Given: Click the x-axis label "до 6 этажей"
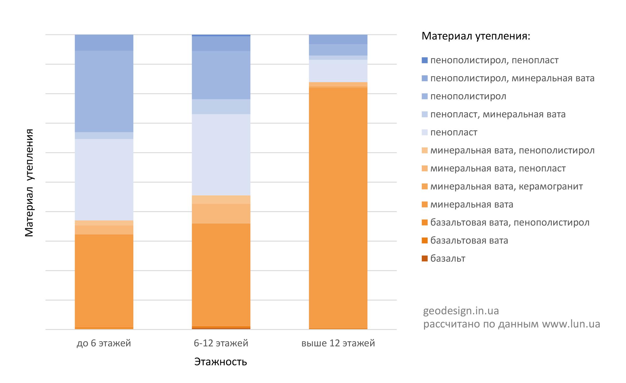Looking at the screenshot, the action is pyautogui.click(x=104, y=343).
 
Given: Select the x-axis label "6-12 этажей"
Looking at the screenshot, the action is pyautogui.click(x=221, y=343).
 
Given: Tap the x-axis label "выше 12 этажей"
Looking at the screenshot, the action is pyautogui.click(x=338, y=343).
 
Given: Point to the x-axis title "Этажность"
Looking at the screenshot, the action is pyautogui.click(x=221, y=362).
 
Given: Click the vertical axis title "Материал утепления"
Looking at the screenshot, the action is pyautogui.click(x=29, y=183).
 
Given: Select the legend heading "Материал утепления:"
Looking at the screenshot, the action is pyautogui.click(x=476, y=36).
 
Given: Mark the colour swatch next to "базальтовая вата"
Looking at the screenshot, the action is pyautogui.click(x=425, y=240).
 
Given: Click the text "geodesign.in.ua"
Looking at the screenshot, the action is pyautogui.click(x=461, y=311).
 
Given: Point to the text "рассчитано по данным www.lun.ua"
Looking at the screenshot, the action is pyautogui.click(x=512, y=324).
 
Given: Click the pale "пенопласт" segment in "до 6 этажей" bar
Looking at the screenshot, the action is pyautogui.click(x=104, y=180).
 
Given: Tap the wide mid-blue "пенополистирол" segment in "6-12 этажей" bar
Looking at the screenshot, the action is pyautogui.click(x=221, y=75).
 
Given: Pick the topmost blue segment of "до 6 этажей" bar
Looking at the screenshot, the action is pyautogui.click(x=104, y=43).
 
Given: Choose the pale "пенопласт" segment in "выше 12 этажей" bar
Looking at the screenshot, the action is pyautogui.click(x=338, y=71).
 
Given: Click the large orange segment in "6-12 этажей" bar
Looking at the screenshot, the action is pyautogui.click(x=221, y=275).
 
